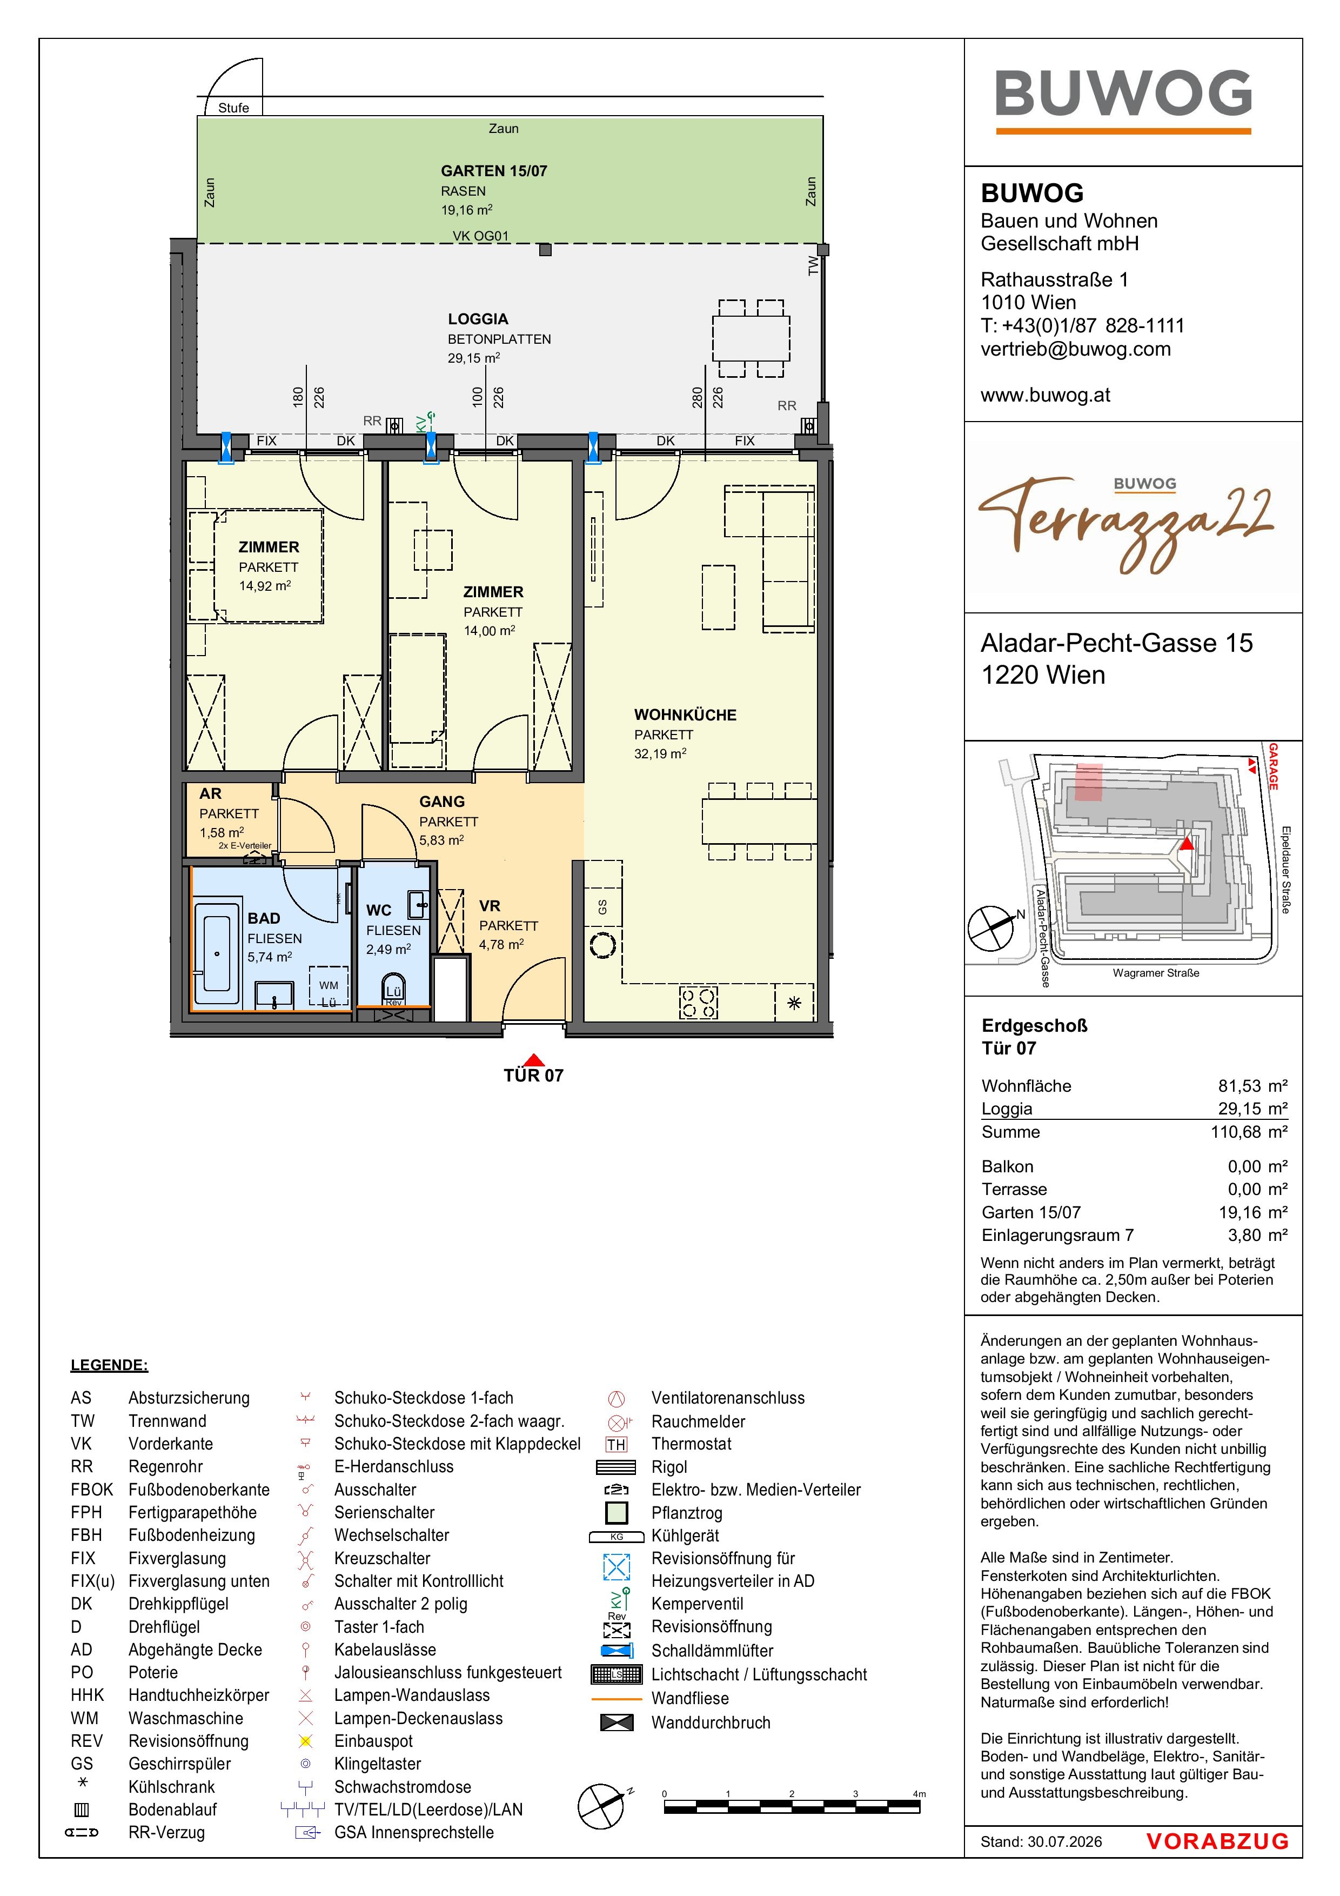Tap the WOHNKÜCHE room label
pyautogui.click(x=685, y=715)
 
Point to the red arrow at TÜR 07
pyautogui.click(x=534, y=1059)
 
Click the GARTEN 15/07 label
pyautogui.click(x=494, y=171)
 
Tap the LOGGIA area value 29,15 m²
pyautogui.click(x=474, y=358)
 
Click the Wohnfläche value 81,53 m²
pyautogui.click(x=1252, y=1086)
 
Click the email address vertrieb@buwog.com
pyautogui.click(x=1076, y=349)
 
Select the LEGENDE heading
pyautogui.click(x=110, y=1365)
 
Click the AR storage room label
pyautogui.click(x=211, y=793)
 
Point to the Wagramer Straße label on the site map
pyautogui.click(x=1156, y=973)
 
